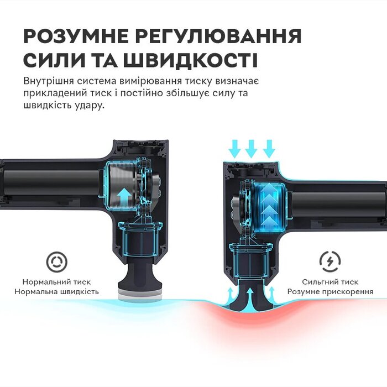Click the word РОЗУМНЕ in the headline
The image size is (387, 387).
(x=76, y=36)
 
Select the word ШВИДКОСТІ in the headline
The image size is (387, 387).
(x=191, y=60)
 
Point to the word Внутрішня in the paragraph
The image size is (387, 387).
(x=48, y=81)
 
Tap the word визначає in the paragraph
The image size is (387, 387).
(x=237, y=81)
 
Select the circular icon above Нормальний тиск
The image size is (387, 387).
(x=57, y=262)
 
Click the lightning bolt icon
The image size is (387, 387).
(x=330, y=262)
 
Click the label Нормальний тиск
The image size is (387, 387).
(x=56, y=282)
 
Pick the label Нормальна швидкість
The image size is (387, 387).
(x=56, y=292)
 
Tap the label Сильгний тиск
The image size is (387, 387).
(x=330, y=282)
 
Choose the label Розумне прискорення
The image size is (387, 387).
(x=330, y=292)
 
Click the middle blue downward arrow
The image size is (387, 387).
(x=251, y=149)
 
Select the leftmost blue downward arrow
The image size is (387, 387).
(x=234, y=149)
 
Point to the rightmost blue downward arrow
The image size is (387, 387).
(x=269, y=149)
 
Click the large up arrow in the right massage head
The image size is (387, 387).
(x=250, y=297)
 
